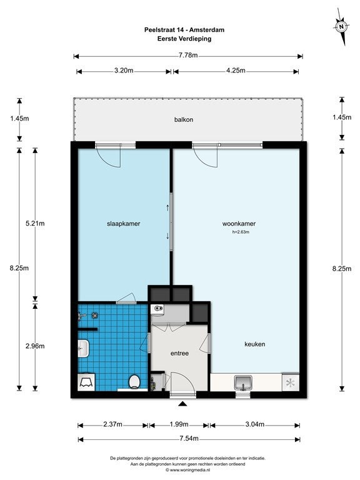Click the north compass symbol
pyautogui.click(x=341, y=27)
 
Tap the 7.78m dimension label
pyautogui.click(x=188, y=56)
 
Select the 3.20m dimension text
pyautogui.click(x=124, y=71)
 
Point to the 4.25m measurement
pyautogui.click(x=236, y=71)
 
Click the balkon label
pyautogui.click(x=184, y=120)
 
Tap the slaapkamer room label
pyautogui.click(x=123, y=224)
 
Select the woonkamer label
pyautogui.click(x=239, y=224)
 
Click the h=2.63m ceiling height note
pyautogui.click(x=241, y=232)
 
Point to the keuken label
pyautogui.click(x=255, y=344)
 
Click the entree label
pyautogui.click(x=179, y=353)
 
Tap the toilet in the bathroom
pyautogui.click(x=134, y=382)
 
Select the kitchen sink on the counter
pyautogui.click(x=243, y=382)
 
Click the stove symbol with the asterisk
pyautogui.click(x=290, y=382)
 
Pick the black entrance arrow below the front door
pyautogui.click(x=182, y=404)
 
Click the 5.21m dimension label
pyautogui.click(x=35, y=224)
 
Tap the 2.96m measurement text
pyautogui.click(x=35, y=346)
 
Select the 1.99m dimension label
pyautogui.click(x=179, y=424)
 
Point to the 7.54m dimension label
pyautogui.click(x=189, y=438)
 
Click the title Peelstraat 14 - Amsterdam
pyautogui.click(x=184, y=30)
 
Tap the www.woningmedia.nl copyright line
pyautogui.click(x=187, y=469)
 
